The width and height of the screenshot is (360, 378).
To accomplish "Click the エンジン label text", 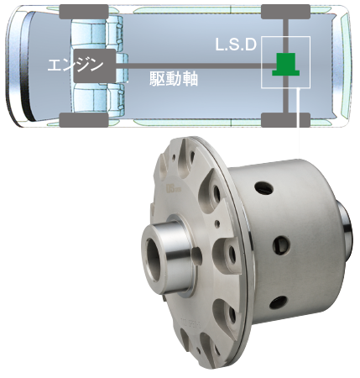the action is [76, 66].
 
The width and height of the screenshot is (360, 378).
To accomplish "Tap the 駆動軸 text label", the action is [174, 79].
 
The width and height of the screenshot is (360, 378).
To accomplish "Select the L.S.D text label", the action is [236, 45].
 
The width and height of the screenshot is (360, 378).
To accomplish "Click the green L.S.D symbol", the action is [286, 64].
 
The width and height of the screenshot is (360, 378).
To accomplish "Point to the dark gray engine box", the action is [95, 66].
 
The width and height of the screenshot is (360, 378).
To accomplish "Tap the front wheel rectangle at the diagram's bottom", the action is [84, 120].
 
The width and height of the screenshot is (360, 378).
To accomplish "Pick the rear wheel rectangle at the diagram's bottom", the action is [285, 120].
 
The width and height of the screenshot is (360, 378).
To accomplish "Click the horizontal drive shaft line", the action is [196, 66].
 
